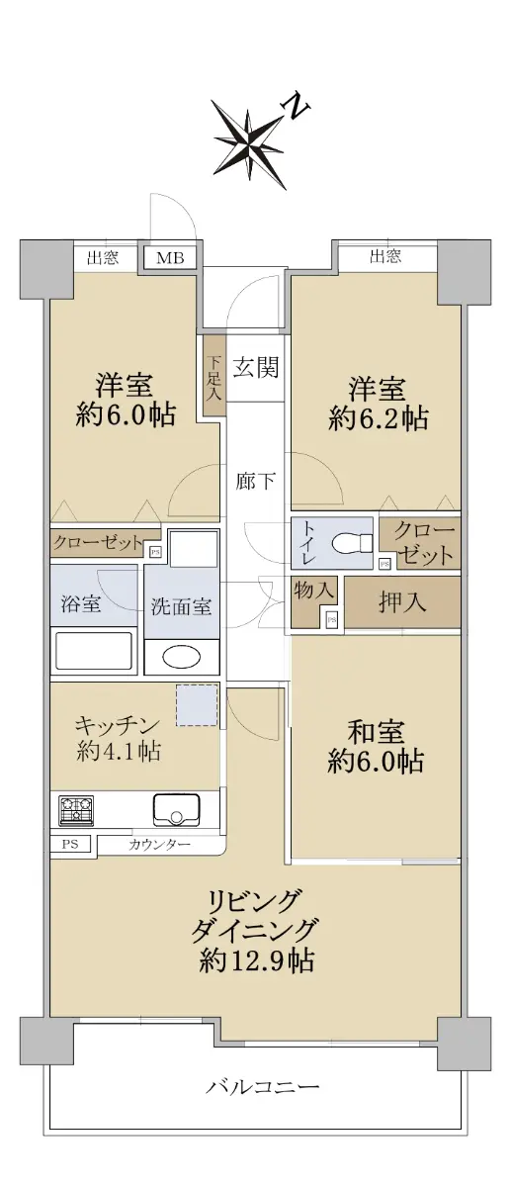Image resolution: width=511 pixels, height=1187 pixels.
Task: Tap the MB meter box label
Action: click(171, 257)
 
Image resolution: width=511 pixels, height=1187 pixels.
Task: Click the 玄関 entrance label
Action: click(256, 367)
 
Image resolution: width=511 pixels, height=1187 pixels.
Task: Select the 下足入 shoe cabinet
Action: click(213, 377)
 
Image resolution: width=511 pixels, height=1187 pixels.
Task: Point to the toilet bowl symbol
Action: click(353, 543)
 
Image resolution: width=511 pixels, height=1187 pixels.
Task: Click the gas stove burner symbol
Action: click(76, 811)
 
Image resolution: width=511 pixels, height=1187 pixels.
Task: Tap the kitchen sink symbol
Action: click(176, 809)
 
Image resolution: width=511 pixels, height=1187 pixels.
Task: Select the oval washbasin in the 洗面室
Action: click(182, 658)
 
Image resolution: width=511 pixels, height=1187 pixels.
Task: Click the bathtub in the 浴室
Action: click(94, 651)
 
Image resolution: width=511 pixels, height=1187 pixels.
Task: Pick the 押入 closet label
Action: click(402, 601)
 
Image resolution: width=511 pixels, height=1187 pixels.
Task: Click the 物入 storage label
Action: click(314, 591)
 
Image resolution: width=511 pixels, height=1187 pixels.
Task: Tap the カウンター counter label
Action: click(159, 844)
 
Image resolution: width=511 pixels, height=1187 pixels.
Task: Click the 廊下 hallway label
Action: click(255, 482)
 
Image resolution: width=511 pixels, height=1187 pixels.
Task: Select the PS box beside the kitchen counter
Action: click(70, 844)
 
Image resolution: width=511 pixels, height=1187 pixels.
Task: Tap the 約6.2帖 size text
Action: click(379, 419)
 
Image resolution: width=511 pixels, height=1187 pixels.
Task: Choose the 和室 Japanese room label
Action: click(376, 732)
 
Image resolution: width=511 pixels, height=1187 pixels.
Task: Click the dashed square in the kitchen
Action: click(197, 705)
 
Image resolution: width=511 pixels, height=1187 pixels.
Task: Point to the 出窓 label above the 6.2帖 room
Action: click(385, 257)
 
